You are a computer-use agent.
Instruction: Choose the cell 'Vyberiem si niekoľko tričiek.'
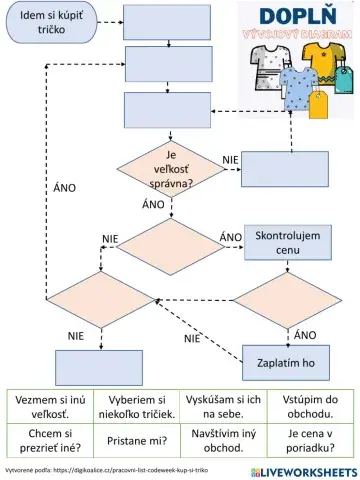(136, 406)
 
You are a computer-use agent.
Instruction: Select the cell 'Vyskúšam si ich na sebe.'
(220, 406)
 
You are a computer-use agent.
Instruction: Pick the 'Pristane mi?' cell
(136, 441)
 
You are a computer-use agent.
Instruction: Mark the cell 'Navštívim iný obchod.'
(220, 441)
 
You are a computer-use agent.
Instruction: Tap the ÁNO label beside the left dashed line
(62, 187)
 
